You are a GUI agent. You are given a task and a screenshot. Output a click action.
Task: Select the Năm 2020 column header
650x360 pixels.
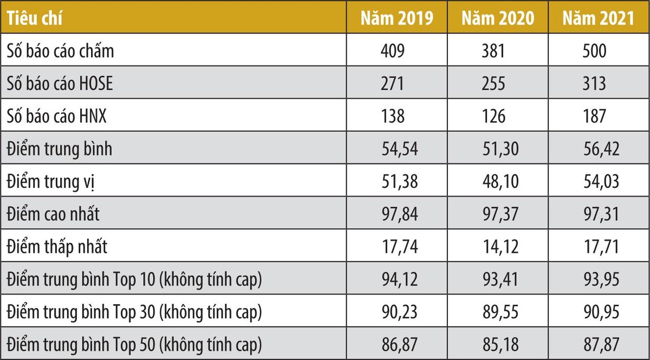(498, 18)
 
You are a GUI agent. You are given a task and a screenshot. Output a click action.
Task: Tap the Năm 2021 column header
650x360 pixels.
(598, 18)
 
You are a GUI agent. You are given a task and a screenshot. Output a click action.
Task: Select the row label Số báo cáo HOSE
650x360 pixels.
(60, 84)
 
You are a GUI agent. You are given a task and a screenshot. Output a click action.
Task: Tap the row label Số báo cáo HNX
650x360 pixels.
(56, 116)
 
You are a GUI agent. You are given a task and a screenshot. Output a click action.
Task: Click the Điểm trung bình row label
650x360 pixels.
(59, 149)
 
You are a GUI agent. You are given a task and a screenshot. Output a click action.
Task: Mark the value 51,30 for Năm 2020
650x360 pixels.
(500, 149)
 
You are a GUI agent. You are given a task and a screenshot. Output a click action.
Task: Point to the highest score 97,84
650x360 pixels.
(400, 214)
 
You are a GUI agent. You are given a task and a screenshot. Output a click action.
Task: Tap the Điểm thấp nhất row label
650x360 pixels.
(57, 247)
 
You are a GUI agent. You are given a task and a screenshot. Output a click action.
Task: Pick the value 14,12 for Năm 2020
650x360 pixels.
(500, 247)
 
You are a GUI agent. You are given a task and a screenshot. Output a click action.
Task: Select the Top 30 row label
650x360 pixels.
(134, 312)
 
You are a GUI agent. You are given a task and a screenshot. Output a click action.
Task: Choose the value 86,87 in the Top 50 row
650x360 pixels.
(400, 344)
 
